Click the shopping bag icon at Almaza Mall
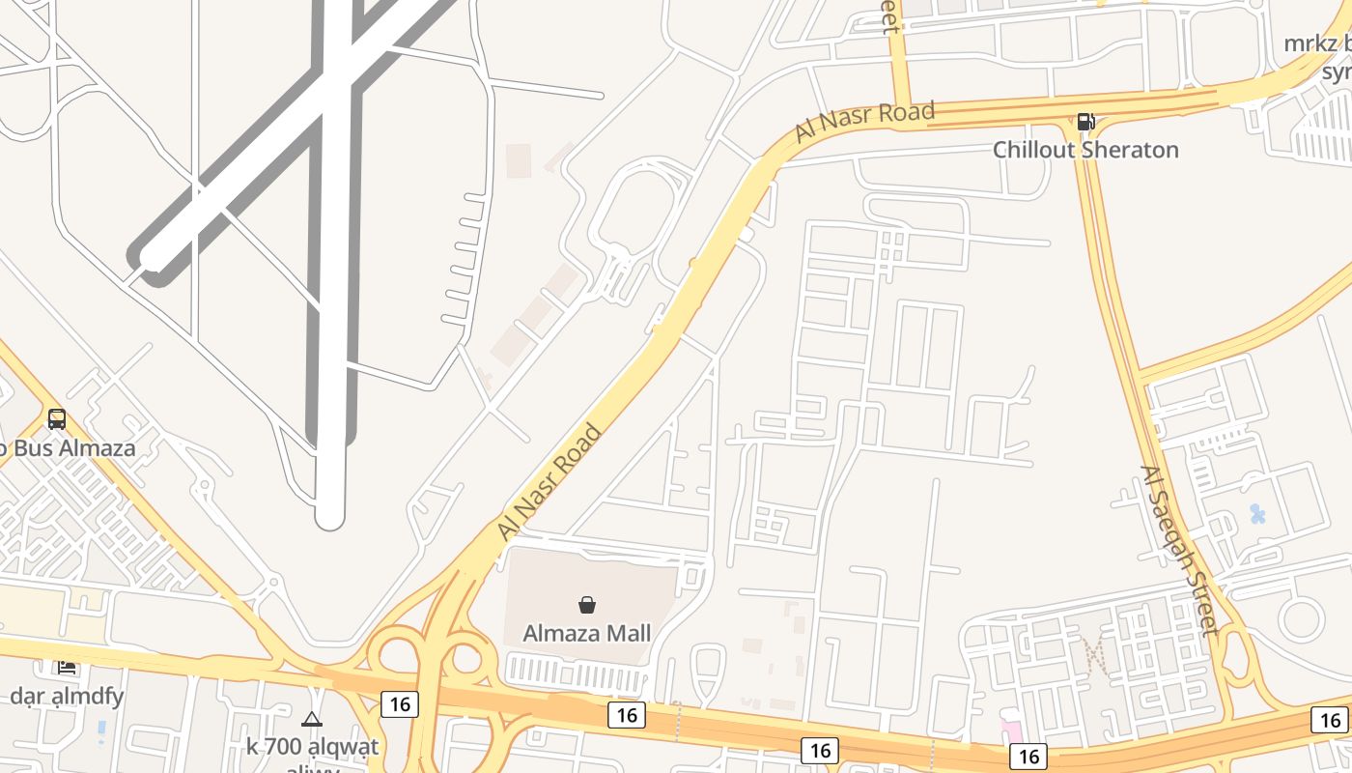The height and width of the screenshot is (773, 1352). tap(586, 605)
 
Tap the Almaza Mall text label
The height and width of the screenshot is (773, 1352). tap(586, 634)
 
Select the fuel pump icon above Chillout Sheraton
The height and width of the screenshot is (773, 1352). tap(1085, 122)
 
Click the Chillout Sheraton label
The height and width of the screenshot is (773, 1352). tap(1085, 150)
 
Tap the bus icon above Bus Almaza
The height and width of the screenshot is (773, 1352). tap(57, 419)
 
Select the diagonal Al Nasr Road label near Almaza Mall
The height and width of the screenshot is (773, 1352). tap(549, 481)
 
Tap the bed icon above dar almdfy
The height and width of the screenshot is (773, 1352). tap(67, 667)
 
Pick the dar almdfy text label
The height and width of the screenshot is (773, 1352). tap(67, 696)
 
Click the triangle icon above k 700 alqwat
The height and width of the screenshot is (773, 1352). tap(311, 719)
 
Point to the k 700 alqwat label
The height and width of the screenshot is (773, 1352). tap(312, 746)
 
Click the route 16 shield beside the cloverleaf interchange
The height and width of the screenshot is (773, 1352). tap(399, 704)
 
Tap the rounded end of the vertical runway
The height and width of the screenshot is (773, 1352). tap(330, 517)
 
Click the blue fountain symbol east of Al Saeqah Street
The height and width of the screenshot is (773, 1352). tap(1257, 514)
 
